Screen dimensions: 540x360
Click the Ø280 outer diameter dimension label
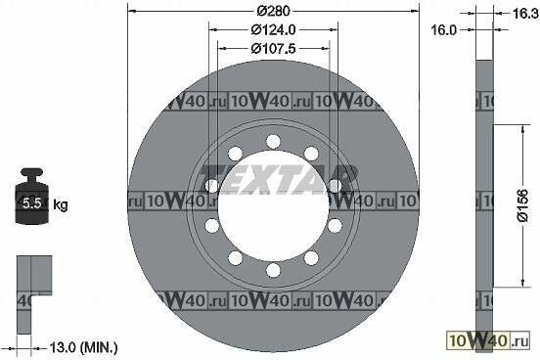point(274,11)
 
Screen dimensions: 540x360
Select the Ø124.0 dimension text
point(274,30)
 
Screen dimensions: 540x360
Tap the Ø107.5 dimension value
point(274,49)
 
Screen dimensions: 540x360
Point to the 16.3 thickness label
point(525,14)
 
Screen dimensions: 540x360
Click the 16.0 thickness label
point(443,30)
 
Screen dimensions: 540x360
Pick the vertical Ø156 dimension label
point(522,205)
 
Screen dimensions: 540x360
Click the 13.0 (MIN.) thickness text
point(84,347)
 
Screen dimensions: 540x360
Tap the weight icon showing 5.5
point(33,196)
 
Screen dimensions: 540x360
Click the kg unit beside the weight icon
point(61,205)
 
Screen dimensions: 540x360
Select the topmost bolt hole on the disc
point(274,142)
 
